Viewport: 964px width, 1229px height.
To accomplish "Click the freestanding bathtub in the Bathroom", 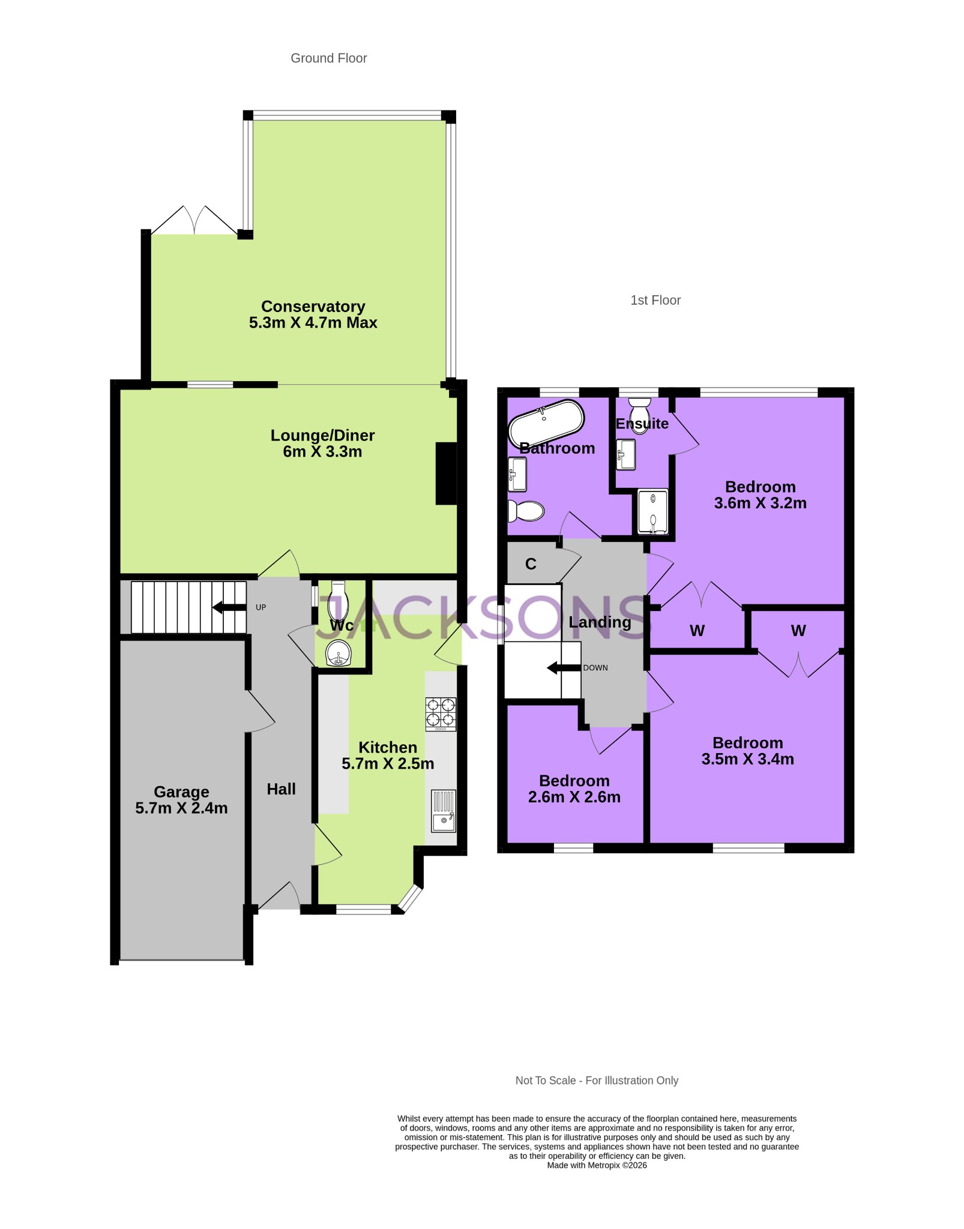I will tap(546, 423).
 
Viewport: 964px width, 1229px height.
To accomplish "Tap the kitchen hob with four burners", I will tap(441, 713).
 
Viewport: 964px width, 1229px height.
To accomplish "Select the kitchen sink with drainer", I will tap(444, 811).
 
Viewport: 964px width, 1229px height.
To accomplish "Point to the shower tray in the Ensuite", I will tap(652, 512).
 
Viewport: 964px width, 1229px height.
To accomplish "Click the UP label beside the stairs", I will tap(261, 607).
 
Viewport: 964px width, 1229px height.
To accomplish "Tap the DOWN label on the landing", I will tap(595, 667).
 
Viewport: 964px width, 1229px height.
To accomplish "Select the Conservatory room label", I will tap(313, 307).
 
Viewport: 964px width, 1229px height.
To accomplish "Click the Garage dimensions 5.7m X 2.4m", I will tap(181, 808).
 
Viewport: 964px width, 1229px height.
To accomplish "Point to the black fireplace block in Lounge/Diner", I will tap(446, 473).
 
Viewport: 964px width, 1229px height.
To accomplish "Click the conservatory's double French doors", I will tap(194, 221).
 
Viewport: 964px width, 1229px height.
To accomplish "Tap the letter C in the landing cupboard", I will tap(531, 563).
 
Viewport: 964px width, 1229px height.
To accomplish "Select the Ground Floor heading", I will tap(328, 58).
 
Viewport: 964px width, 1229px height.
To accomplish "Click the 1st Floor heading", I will tap(655, 300).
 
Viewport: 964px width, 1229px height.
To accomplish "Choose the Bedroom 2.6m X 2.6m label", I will tap(574, 789).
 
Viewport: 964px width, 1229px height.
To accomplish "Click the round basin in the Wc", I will tap(339, 652).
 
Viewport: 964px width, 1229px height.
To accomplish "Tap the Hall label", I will tap(281, 789).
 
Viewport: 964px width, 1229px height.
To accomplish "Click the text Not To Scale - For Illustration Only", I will tap(597, 1080).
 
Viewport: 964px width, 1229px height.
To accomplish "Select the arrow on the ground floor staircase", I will tap(229, 607).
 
